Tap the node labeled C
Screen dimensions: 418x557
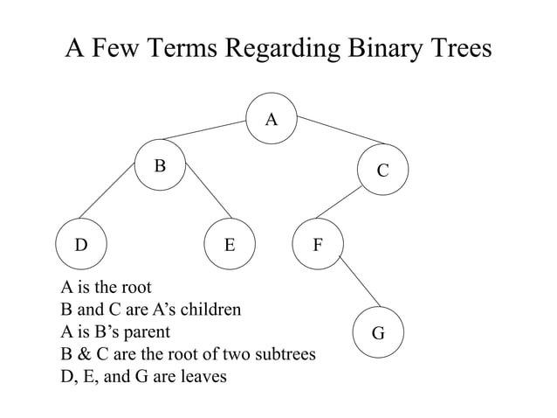click(382, 171)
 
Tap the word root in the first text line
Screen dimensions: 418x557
click(132, 288)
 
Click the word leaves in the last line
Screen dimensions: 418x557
click(201, 378)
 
